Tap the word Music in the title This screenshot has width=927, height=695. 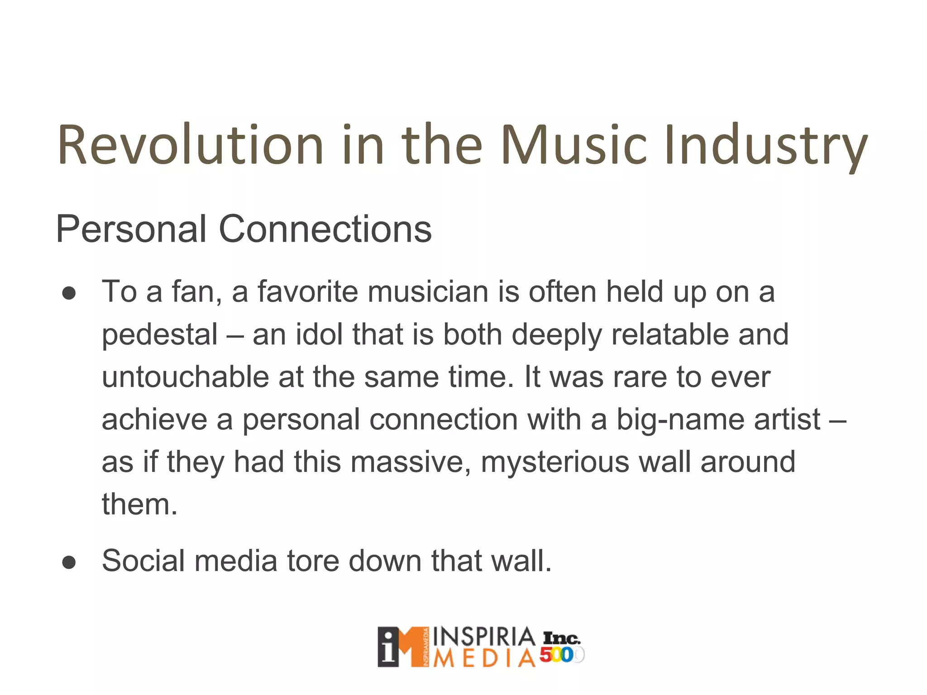point(574,145)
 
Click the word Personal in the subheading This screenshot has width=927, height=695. point(131,229)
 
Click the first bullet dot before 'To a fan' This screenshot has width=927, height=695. point(69,293)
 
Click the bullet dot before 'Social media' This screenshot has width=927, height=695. point(69,562)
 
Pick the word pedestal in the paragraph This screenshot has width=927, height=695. point(160,335)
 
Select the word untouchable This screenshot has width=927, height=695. point(186,377)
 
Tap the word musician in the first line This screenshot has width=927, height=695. point(428,292)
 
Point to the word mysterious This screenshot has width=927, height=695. point(555,462)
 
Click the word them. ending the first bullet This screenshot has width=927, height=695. point(139,505)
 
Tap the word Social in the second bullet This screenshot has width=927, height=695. point(143,561)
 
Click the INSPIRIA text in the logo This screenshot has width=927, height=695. point(484,637)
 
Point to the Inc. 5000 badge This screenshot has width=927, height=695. point(561,647)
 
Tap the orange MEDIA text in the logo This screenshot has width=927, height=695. point(484,659)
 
